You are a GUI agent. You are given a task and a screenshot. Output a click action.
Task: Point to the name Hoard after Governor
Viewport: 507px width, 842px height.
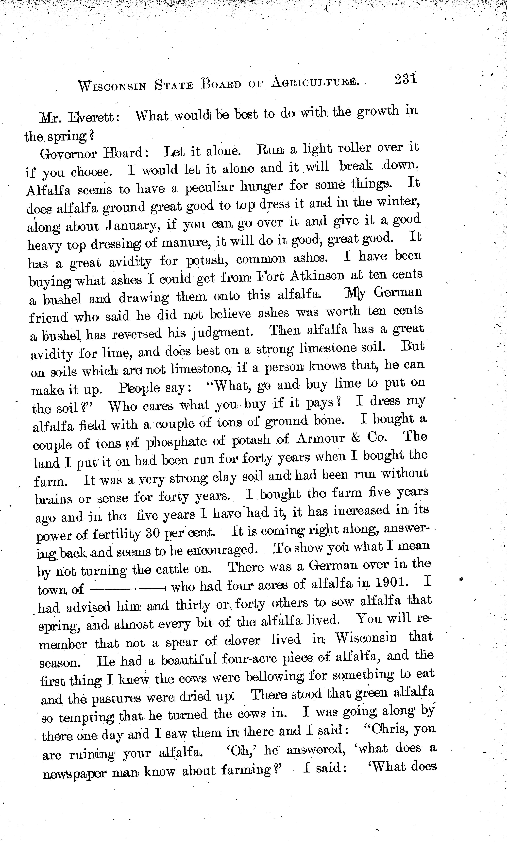coord(126,153)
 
